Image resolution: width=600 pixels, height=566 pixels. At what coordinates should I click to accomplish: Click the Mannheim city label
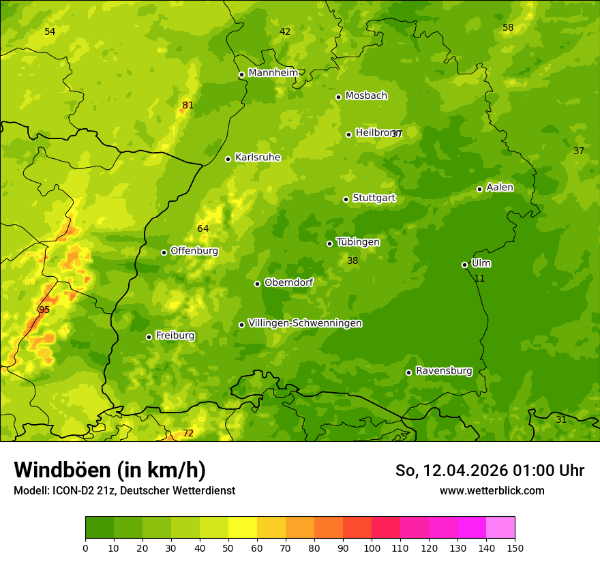pos(273,73)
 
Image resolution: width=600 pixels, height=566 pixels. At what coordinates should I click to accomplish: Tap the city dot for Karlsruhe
pos(228,159)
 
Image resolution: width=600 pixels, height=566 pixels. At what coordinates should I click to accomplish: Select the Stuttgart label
pos(374,198)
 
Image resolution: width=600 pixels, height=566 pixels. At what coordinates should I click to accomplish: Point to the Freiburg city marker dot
pos(149,337)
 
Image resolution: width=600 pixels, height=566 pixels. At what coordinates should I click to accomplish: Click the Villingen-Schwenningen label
pos(305,323)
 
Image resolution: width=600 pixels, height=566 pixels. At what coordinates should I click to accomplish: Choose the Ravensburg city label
pos(444,371)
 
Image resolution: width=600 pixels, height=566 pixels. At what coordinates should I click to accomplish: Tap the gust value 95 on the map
pos(44,310)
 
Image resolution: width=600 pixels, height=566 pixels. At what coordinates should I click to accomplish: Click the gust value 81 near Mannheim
pos(187,105)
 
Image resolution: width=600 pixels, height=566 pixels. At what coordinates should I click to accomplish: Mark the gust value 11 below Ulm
pos(479,278)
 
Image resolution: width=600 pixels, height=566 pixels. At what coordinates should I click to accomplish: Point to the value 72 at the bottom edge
pos(188,433)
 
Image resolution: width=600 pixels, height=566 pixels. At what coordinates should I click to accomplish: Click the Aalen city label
pos(500,188)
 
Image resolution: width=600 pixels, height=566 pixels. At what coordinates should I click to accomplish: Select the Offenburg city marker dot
pos(164,252)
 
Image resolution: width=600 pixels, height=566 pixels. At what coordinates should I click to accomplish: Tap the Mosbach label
pos(366,95)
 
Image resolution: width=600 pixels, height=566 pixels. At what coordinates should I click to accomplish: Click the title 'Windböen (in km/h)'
pos(110,470)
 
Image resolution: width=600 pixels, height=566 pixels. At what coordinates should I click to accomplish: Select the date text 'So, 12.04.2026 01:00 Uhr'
pos(490,471)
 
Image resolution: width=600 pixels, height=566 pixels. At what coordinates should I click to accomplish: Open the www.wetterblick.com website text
pos(492,490)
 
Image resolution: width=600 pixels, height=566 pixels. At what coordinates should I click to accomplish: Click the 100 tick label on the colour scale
pos(372,548)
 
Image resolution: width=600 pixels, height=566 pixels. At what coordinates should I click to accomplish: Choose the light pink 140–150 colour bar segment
pos(500,528)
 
